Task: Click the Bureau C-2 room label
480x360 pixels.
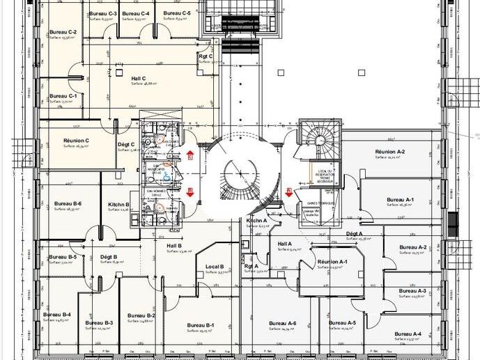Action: click(x=63, y=33)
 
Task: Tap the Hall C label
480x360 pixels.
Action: click(x=138, y=79)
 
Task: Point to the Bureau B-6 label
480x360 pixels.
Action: click(x=68, y=204)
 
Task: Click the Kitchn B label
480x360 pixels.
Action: click(x=118, y=204)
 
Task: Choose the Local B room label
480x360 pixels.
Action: click(x=214, y=267)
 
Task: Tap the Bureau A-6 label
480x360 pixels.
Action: click(x=282, y=323)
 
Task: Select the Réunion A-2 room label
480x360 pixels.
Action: click(x=389, y=152)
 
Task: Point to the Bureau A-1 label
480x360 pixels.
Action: click(x=400, y=200)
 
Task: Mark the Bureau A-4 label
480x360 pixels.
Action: click(x=407, y=334)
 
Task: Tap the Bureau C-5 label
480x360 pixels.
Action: click(x=177, y=13)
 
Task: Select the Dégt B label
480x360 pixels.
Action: click(x=108, y=257)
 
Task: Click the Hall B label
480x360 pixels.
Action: click(x=173, y=246)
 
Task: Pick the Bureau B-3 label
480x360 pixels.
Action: click(x=99, y=323)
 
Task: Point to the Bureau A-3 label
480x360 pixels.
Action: click(x=413, y=290)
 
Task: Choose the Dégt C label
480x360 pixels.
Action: click(x=126, y=144)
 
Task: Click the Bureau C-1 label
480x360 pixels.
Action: click(x=63, y=96)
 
